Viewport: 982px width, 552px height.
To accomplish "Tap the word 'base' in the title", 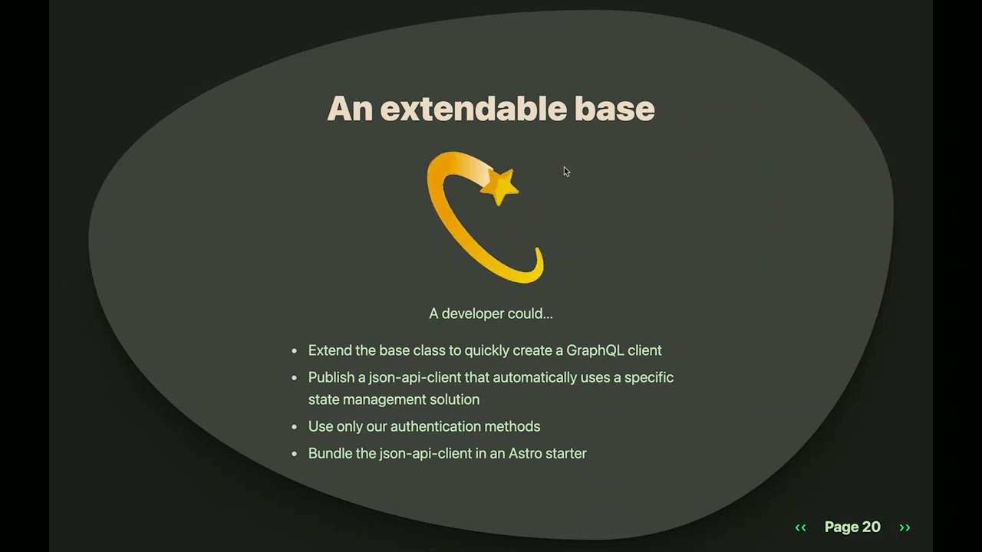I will pyautogui.click(x=615, y=109).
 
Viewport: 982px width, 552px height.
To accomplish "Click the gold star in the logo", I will pyautogui.click(x=499, y=186).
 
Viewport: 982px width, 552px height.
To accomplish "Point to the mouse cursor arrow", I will pyautogui.click(x=566, y=171).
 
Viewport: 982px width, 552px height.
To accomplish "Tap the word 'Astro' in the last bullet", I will pyautogui.click(x=525, y=453).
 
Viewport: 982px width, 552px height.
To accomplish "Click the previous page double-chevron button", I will pyautogui.click(x=800, y=527).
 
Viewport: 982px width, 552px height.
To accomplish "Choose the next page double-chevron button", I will pyautogui.click(x=905, y=527).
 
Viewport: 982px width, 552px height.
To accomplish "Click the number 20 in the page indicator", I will pyautogui.click(x=872, y=527).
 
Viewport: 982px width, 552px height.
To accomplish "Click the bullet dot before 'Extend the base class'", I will pyautogui.click(x=295, y=351).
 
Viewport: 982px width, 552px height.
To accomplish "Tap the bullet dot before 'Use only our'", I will pyautogui.click(x=295, y=427).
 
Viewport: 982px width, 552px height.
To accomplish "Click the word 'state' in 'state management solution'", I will pyautogui.click(x=323, y=399).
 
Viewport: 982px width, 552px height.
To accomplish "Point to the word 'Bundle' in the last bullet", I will pyautogui.click(x=330, y=453).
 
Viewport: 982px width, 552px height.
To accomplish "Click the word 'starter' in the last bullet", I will pyautogui.click(x=566, y=453).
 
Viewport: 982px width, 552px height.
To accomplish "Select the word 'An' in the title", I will pyautogui.click(x=349, y=109).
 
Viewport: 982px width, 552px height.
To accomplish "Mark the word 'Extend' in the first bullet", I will pyautogui.click(x=330, y=350).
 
